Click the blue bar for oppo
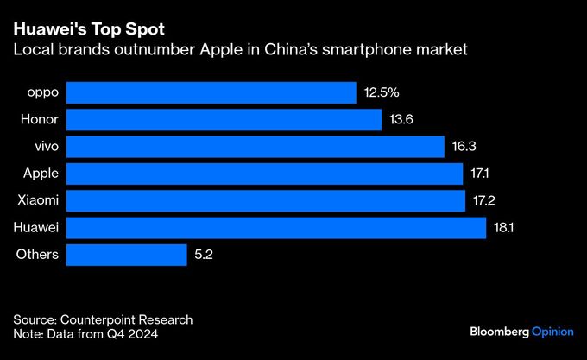[x=211, y=92]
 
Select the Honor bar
[x=224, y=119]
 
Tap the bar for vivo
[x=255, y=147]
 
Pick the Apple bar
[x=264, y=174]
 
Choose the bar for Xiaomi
[x=265, y=200]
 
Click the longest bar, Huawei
[x=275, y=228]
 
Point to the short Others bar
[x=126, y=255]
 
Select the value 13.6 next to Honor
[x=401, y=119]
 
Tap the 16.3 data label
[x=464, y=147]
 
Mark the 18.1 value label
[x=505, y=228]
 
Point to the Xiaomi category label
[x=38, y=200]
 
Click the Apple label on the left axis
[x=41, y=174]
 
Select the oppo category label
[x=42, y=92]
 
